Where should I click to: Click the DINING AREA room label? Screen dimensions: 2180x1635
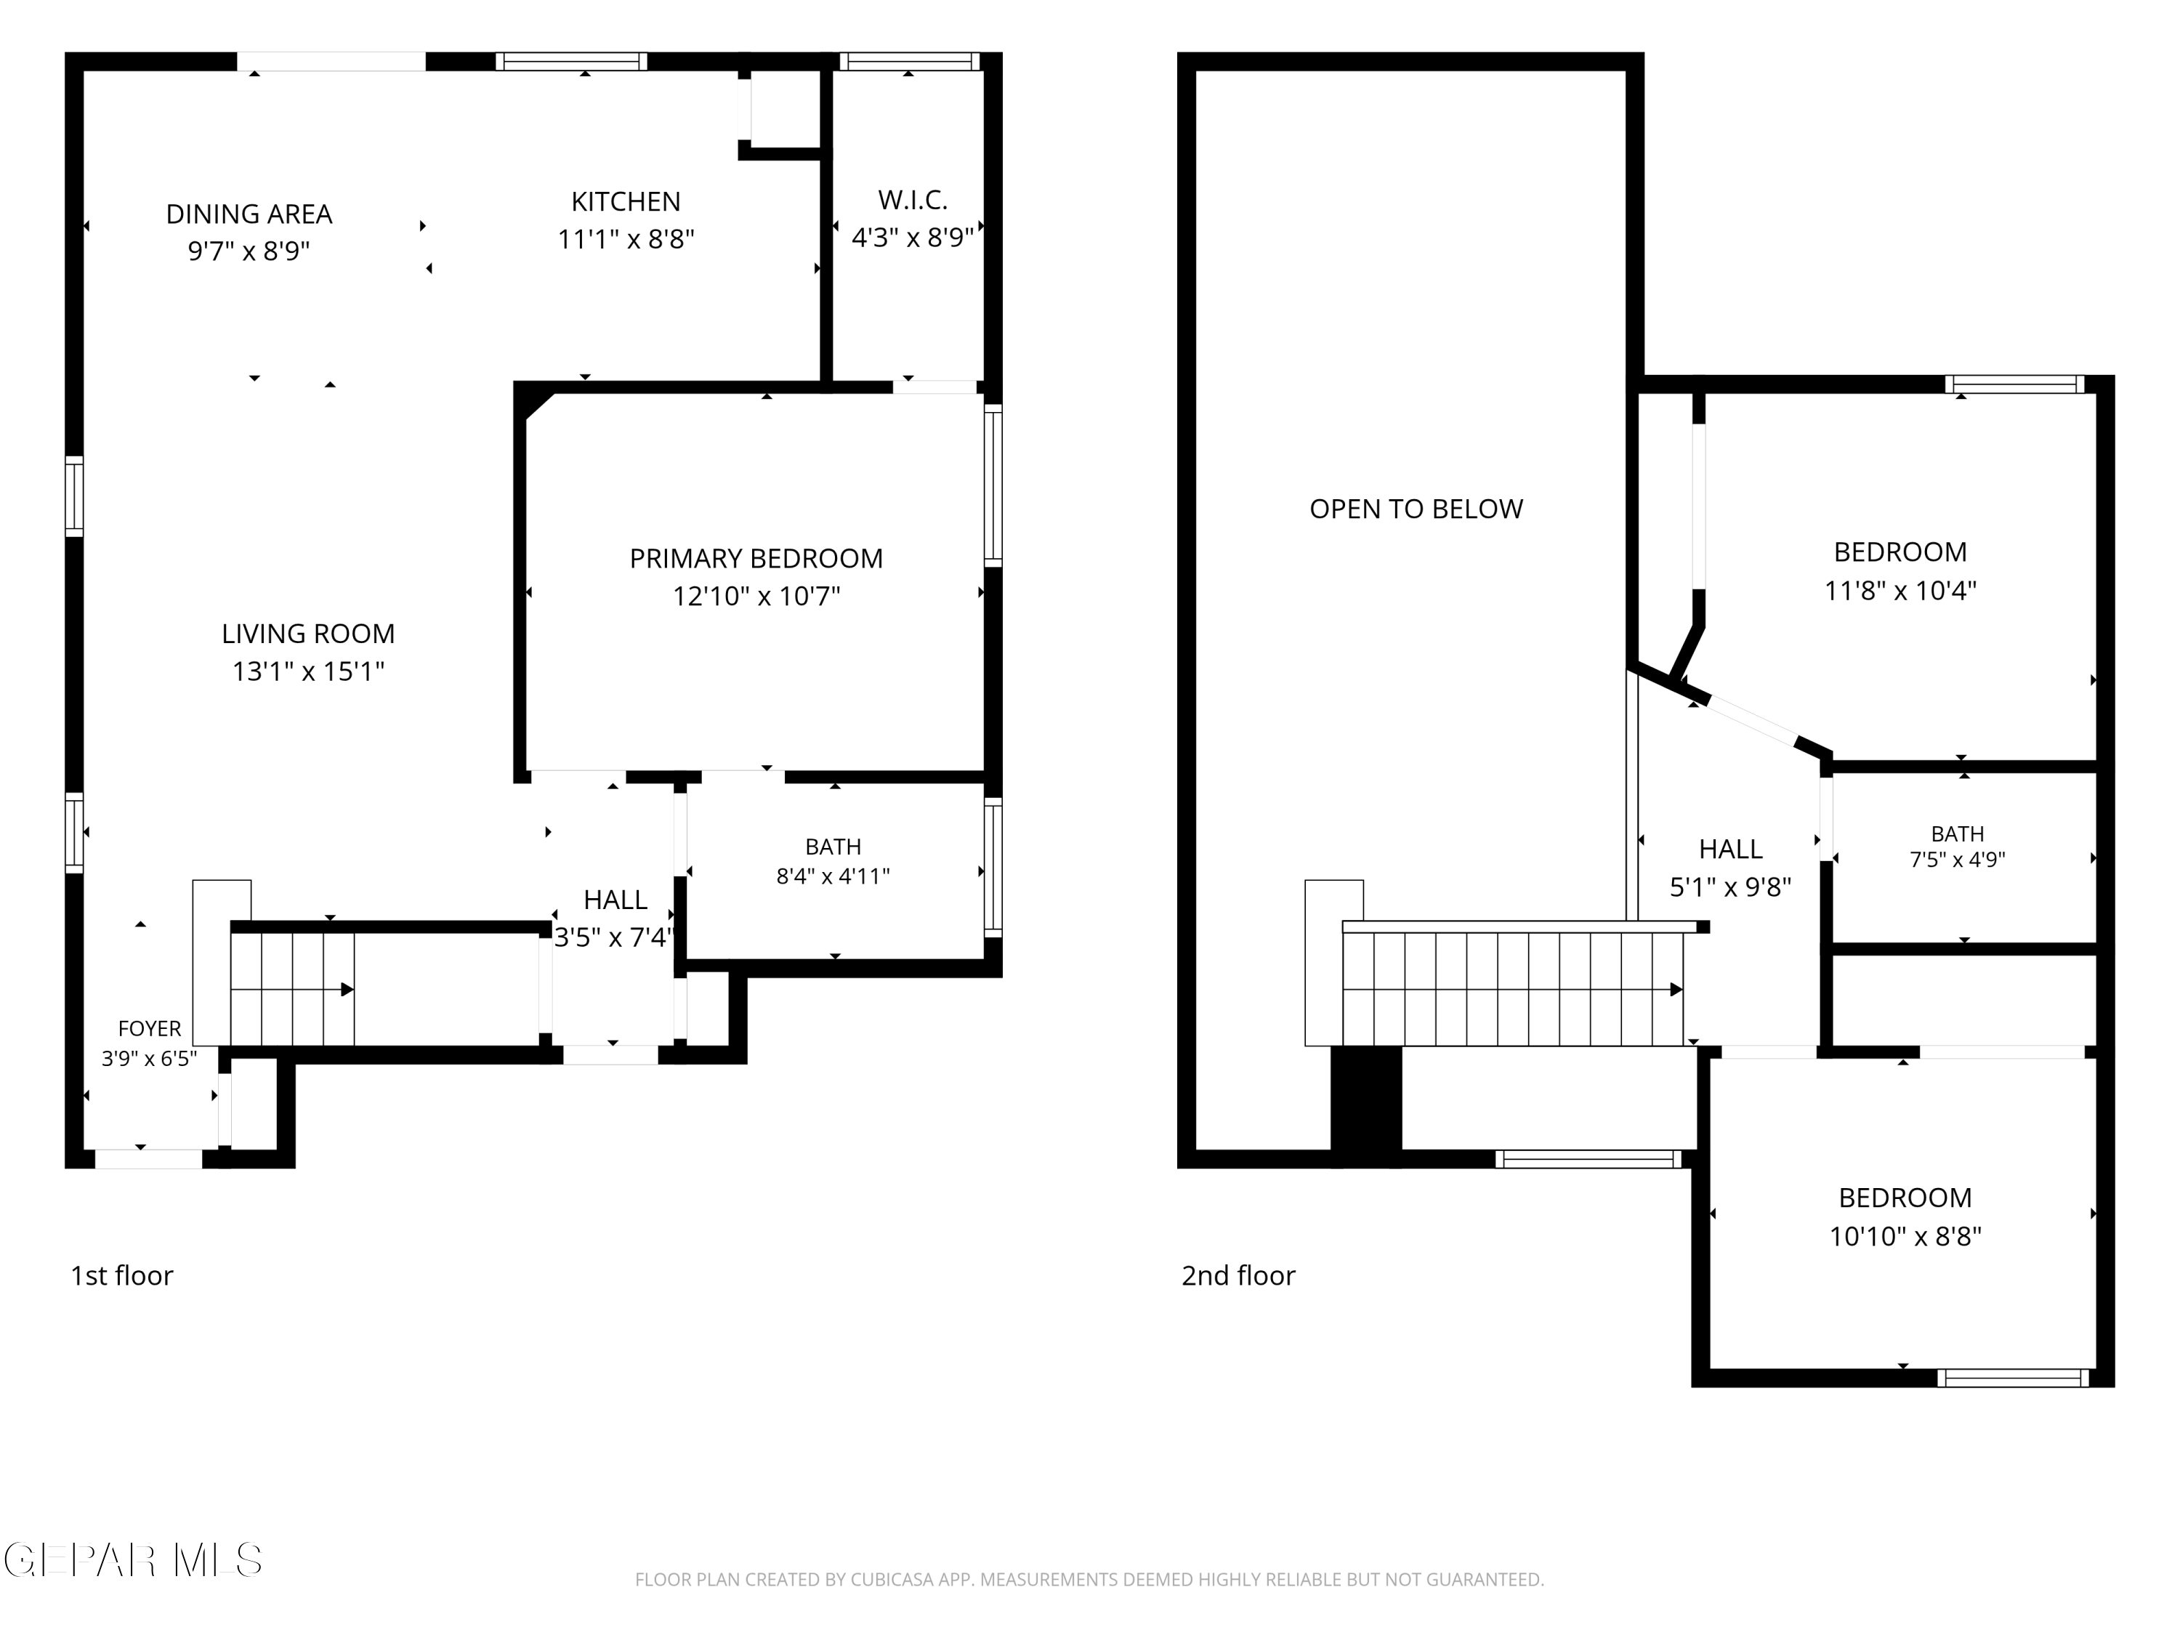pos(249,214)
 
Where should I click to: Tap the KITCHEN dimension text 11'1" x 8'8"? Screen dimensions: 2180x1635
pos(626,240)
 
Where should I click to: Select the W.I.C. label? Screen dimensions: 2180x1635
pos(913,200)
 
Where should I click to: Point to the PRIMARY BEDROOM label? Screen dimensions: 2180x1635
pos(756,558)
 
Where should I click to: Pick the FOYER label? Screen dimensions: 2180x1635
pos(149,1029)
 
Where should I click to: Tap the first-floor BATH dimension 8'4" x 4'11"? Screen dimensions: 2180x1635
pos(833,876)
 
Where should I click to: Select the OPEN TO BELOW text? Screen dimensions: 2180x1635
pos(1416,509)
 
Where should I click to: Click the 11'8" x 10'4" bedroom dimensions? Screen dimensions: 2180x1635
pos(1900,590)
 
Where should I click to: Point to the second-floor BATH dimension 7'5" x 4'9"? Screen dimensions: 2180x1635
pos(1957,860)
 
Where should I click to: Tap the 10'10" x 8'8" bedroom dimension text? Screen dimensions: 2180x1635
pos(1905,1236)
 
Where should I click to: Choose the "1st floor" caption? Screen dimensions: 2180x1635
pos(121,1275)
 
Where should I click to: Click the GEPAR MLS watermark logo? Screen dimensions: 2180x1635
pos(133,1560)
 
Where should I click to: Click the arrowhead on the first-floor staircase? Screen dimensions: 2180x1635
pos(347,990)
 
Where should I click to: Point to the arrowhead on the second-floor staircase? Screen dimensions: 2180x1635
pos(1676,990)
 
